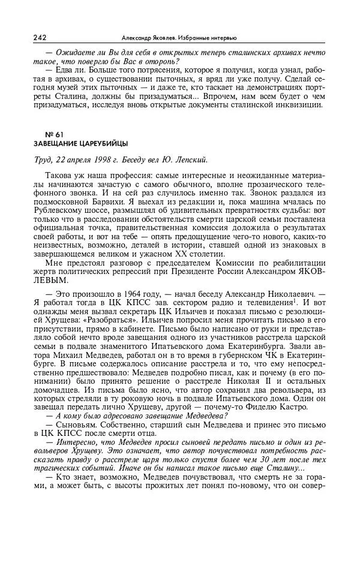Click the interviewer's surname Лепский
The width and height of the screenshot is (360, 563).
point(191,159)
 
